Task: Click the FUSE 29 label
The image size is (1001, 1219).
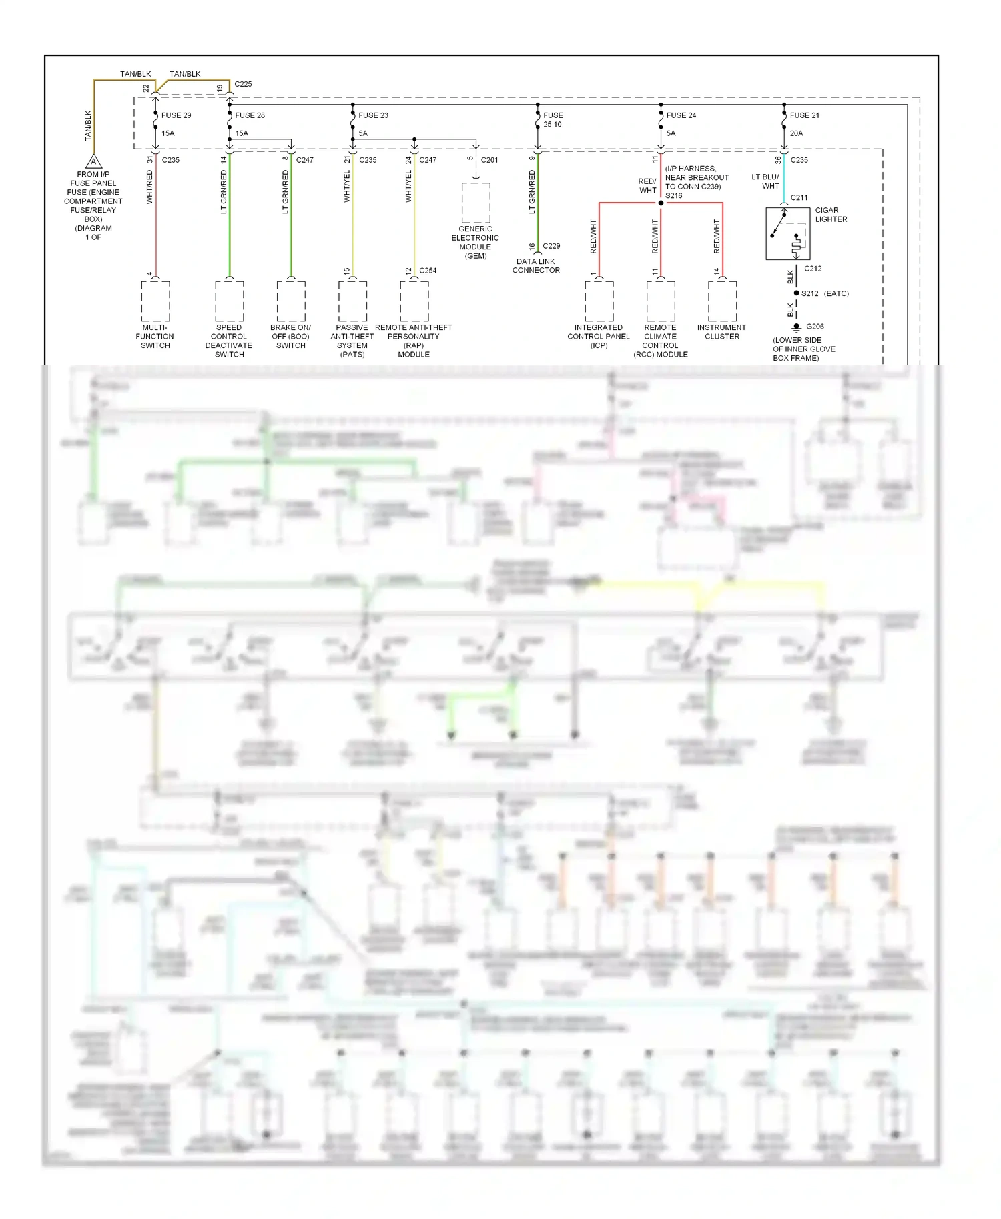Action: (176, 115)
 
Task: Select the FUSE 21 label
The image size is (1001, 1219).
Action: (804, 115)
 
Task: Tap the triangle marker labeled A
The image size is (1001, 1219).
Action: (94, 162)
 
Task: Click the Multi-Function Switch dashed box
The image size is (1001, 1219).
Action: (155, 301)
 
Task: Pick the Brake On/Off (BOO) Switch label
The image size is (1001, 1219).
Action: (290, 337)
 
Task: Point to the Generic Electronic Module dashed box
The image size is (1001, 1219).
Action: (476, 203)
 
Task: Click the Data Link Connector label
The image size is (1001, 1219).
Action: (536, 266)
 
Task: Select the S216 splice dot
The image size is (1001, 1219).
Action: (661, 203)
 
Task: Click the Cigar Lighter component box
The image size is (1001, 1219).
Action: (787, 234)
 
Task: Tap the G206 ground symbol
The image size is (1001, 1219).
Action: (796, 327)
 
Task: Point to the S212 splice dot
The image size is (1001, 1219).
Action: (796, 293)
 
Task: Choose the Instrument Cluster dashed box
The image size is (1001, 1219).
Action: (722, 301)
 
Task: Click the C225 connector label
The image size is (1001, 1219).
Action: (243, 84)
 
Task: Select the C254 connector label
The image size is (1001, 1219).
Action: (428, 271)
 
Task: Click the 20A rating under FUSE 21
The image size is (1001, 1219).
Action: (796, 133)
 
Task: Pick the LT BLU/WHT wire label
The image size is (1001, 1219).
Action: (765, 181)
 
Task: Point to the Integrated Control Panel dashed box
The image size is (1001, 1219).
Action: (599, 301)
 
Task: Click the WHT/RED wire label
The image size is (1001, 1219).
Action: (149, 187)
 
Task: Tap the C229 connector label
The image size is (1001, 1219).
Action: (551, 246)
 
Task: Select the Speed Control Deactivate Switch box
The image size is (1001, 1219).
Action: (229, 301)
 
